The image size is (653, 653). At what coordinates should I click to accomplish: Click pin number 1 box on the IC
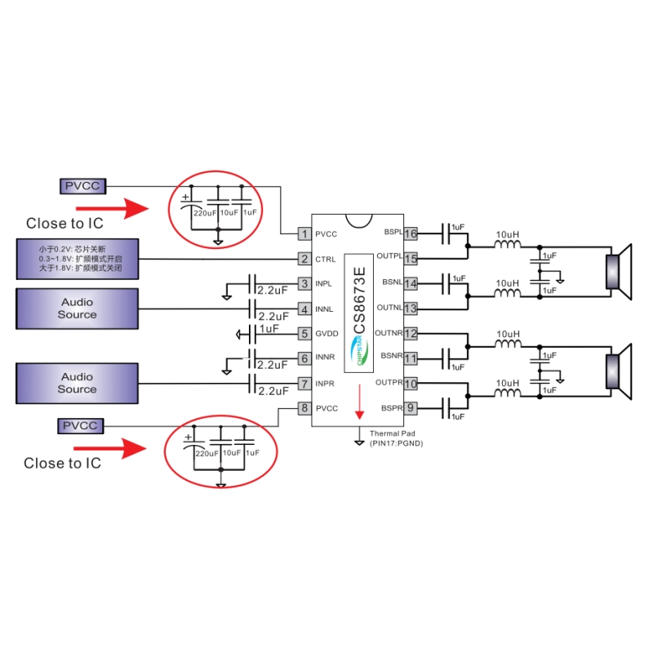coord(304,234)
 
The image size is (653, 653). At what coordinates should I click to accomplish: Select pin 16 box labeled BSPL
coord(411,233)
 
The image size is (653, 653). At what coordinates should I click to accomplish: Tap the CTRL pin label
coord(325,260)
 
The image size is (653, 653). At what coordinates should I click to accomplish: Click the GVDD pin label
coord(326,334)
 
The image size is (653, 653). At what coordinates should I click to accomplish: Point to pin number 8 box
coord(304,408)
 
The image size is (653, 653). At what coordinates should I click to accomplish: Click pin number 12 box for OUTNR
coord(411,333)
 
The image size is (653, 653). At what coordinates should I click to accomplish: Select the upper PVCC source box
coord(82,186)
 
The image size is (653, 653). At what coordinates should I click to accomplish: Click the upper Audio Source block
coord(77,308)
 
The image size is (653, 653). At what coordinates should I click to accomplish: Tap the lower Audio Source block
coord(77,383)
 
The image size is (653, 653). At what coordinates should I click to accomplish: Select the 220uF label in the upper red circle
coord(204,212)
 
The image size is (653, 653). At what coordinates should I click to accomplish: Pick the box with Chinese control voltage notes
coord(77,259)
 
